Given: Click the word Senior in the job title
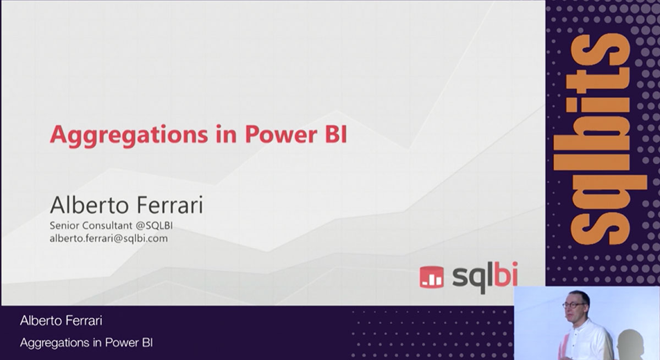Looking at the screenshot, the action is tap(64, 225).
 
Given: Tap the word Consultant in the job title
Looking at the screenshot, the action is tap(107, 225).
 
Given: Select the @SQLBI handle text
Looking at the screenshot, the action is tap(154, 225).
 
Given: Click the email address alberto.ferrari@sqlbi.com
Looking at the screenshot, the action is tap(109, 238).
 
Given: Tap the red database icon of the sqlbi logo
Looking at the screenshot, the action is tap(431, 276).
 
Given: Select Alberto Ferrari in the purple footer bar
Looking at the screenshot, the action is tap(61, 320).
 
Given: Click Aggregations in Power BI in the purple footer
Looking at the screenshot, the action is tap(86, 343).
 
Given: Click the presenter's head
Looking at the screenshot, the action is tap(576, 305).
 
